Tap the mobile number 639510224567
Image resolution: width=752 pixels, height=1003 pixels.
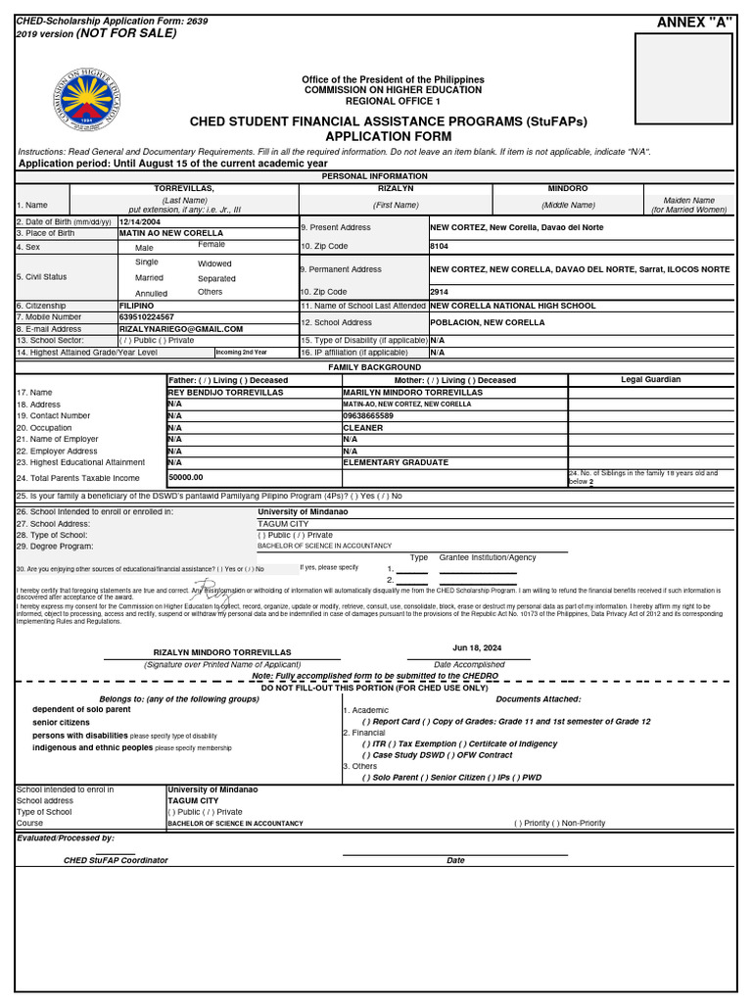(x=147, y=317)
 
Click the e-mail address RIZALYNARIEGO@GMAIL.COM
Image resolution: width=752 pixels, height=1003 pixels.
(x=180, y=329)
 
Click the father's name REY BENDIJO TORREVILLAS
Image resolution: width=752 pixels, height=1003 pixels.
(x=225, y=392)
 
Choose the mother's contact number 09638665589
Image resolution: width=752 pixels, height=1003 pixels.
(x=370, y=416)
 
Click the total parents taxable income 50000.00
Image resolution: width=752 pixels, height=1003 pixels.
(x=186, y=477)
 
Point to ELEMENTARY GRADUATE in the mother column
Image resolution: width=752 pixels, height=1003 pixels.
(x=396, y=462)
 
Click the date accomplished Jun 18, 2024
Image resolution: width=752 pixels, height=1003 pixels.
(x=477, y=648)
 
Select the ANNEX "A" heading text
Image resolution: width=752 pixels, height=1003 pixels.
(x=695, y=23)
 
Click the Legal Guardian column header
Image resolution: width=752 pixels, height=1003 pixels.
(x=650, y=380)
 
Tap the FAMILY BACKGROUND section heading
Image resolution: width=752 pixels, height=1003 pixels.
(x=375, y=367)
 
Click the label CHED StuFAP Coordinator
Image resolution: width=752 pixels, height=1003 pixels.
(x=116, y=860)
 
